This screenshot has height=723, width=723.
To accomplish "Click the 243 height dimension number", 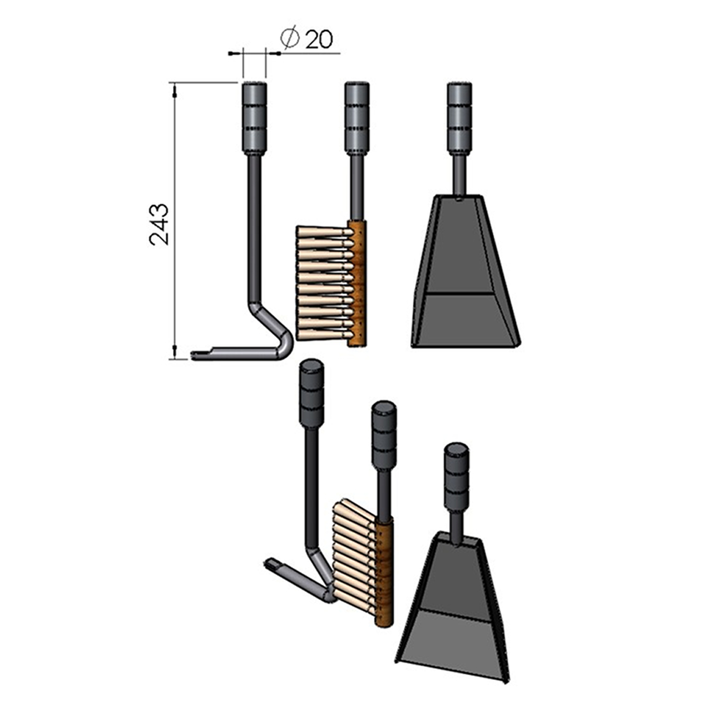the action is click(x=159, y=224).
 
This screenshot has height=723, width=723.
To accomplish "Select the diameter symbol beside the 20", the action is click(x=290, y=37).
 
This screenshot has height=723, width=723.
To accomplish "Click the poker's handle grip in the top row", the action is click(x=255, y=118).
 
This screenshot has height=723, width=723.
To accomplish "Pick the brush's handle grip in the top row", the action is click(x=357, y=118).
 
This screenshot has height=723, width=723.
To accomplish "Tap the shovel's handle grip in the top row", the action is click(x=460, y=118).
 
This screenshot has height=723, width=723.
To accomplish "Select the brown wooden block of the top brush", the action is click(x=357, y=283).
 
